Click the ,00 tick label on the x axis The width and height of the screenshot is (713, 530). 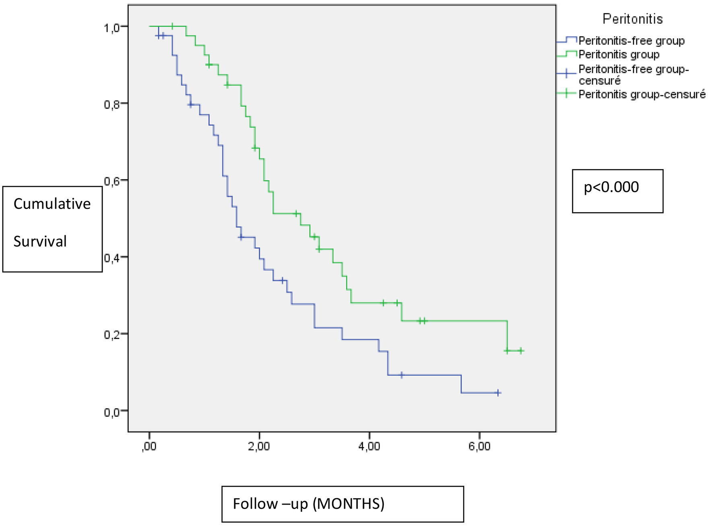click(149, 447)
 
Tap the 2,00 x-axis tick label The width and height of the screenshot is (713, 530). click(259, 447)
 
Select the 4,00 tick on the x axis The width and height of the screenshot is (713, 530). click(369, 447)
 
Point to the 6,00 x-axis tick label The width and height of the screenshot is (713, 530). click(479, 447)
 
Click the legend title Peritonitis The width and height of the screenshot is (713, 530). click(633, 19)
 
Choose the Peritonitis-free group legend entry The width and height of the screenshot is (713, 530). click(631, 41)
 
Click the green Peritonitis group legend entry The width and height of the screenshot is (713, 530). click(619, 54)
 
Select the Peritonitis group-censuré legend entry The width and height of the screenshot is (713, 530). click(642, 94)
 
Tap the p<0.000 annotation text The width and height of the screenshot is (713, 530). click(611, 187)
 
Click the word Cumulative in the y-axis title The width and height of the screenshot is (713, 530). click(52, 204)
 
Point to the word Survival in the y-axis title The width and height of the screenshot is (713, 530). click(40, 242)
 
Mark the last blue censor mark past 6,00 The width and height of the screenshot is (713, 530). click(498, 393)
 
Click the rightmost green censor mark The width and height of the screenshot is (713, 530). click(521, 351)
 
